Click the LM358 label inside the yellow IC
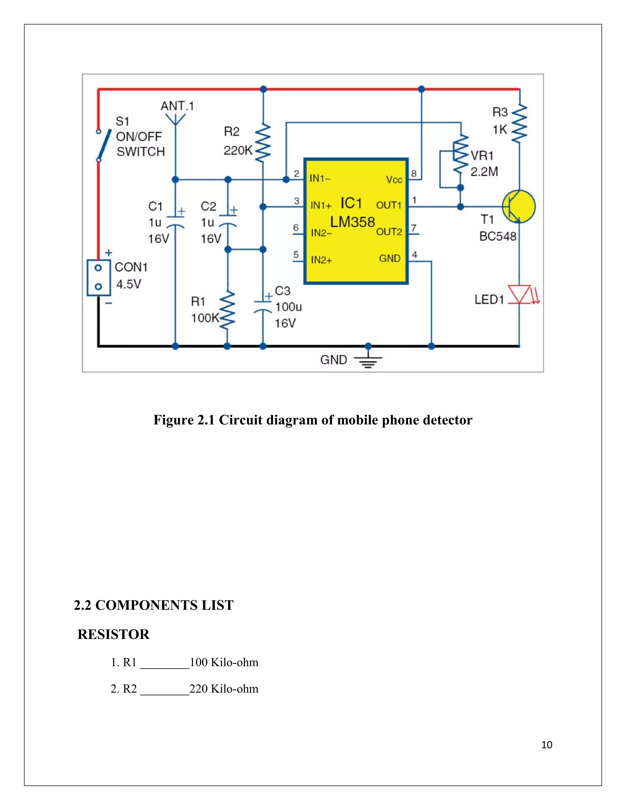click(x=352, y=222)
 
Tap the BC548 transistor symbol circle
click(x=519, y=207)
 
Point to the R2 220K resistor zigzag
click(x=263, y=143)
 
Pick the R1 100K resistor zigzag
click(x=227, y=311)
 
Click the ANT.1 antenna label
click(x=177, y=106)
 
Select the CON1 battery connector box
click(x=98, y=278)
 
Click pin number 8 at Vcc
click(x=414, y=173)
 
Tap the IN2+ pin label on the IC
click(x=321, y=260)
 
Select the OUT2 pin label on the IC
click(x=389, y=232)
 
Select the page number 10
click(x=547, y=745)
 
